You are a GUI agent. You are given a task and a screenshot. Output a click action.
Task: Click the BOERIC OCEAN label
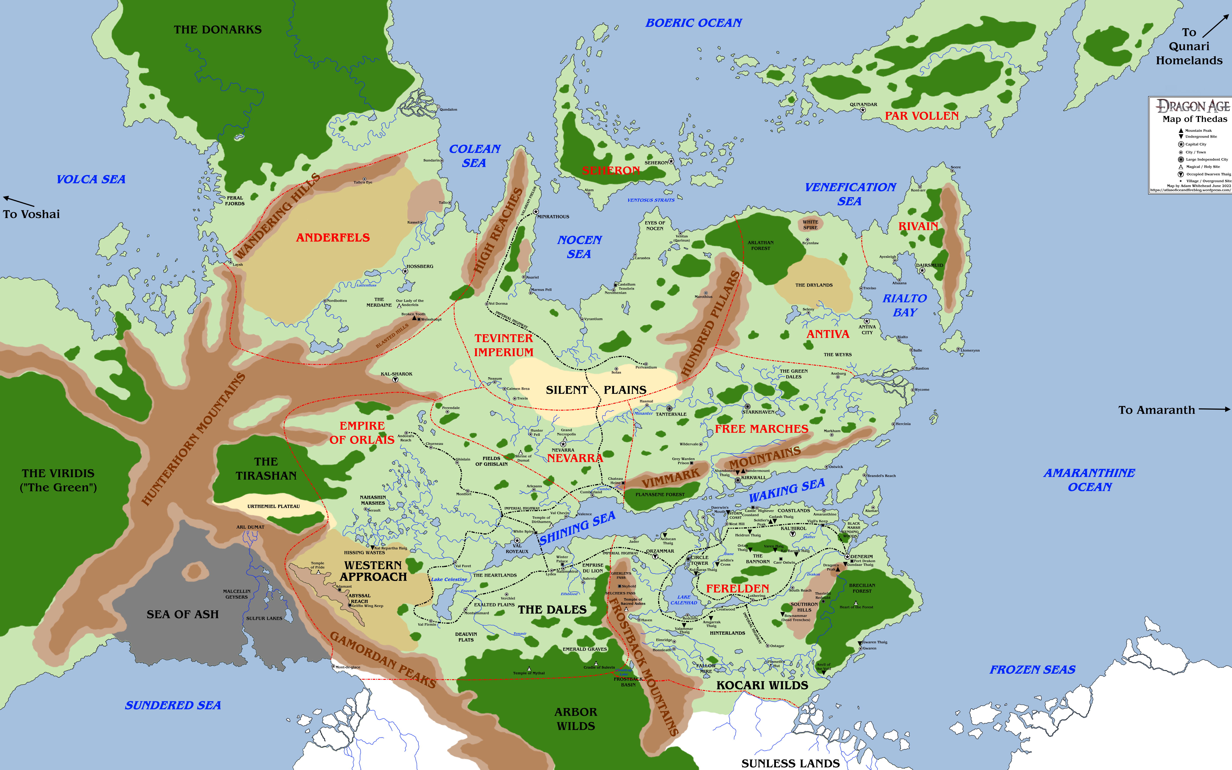[693, 23]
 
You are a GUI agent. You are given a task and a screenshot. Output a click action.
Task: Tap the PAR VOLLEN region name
[921, 116]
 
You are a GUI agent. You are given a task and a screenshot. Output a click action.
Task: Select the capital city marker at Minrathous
[535, 211]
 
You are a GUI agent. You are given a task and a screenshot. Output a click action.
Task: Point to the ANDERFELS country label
[333, 238]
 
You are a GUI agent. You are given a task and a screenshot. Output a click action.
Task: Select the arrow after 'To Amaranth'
[1215, 409]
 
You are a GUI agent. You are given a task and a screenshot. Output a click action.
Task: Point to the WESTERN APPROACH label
[373, 571]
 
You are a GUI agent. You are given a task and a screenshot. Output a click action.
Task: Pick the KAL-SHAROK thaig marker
[396, 380]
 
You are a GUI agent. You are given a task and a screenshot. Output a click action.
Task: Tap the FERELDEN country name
[737, 589]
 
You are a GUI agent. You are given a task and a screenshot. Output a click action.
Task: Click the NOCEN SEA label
[579, 247]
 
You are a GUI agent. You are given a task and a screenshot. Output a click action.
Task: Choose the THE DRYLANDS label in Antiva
[814, 285]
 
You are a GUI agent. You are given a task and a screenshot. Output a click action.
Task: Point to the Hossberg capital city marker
[405, 271]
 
